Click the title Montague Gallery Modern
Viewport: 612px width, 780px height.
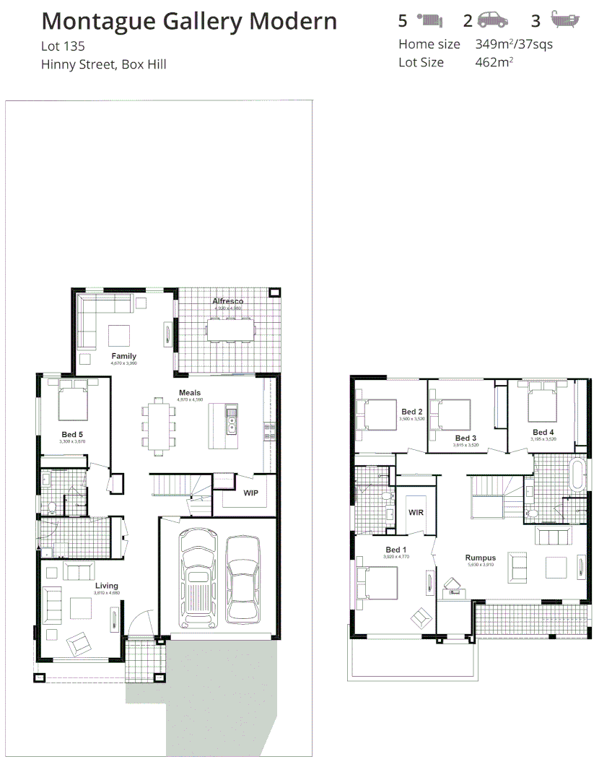click(189, 22)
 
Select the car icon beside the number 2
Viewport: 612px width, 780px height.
click(491, 20)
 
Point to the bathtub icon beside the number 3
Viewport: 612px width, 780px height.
click(565, 19)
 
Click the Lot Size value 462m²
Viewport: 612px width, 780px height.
click(494, 62)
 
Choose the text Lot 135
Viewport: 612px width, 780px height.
click(64, 47)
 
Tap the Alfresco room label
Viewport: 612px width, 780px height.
click(227, 301)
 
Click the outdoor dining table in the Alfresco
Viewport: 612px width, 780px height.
click(231, 329)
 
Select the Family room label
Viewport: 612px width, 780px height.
click(123, 356)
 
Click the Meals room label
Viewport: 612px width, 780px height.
click(190, 393)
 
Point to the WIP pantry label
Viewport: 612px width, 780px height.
click(250, 493)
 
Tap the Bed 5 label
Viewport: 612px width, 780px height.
click(72, 434)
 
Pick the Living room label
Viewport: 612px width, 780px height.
click(106, 586)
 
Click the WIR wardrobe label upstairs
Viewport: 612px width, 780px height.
click(416, 512)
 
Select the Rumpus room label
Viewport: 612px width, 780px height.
click(480, 558)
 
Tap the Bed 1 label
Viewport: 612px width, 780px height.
click(396, 550)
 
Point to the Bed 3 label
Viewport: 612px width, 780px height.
click(465, 438)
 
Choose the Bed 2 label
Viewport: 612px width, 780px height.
click(411, 412)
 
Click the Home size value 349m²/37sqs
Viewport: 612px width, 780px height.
click(514, 44)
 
